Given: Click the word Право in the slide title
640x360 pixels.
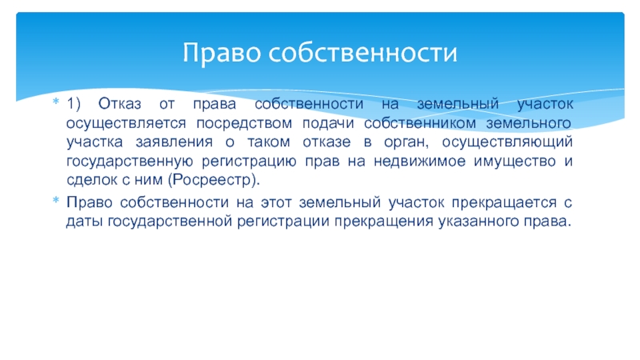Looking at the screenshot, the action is (221, 53).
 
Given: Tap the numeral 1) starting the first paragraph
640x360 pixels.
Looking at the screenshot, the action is (74, 104).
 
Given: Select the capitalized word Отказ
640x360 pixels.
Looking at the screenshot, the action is (119, 104).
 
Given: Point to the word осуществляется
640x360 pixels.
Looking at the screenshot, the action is (126, 124).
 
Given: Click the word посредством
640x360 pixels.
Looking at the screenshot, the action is (244, 123).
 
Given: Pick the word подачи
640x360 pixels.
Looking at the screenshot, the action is (328, 123).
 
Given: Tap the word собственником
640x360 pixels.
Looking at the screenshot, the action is (419, 123).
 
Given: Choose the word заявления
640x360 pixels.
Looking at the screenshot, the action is (174, 142).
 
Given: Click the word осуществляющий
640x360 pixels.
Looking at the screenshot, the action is (507, 142).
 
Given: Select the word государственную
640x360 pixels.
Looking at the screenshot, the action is (130, 162).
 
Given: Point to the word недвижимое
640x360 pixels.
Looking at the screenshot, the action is (419, 162).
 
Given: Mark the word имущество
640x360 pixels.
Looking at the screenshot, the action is (514, 162).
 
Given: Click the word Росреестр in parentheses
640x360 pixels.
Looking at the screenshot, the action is (214, 180).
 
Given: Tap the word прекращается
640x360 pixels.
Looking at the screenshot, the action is (504, 203).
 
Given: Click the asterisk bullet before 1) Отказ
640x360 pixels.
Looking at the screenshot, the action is (56, 102).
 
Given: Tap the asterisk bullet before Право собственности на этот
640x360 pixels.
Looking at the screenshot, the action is (56, 200).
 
